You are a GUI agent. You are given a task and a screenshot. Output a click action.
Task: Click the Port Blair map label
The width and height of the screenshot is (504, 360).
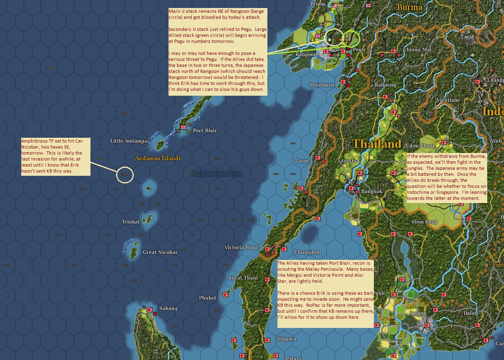coord(205,131)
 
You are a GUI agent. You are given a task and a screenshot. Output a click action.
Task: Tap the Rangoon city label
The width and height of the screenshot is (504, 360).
coord(306,54)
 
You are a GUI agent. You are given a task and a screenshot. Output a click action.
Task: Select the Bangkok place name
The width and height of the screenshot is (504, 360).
coord(371,191)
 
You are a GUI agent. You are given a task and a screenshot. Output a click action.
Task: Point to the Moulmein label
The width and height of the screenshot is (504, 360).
coord(321,85)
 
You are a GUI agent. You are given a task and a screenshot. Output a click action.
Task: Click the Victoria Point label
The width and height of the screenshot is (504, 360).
coord(241,247)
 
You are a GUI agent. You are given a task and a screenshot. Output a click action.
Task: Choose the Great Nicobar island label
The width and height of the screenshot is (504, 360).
coord(160,252)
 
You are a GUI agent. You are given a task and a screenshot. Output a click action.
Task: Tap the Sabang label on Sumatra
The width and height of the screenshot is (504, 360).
coord(168,308)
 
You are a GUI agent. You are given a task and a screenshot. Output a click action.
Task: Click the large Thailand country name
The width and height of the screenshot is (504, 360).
coord(376,144)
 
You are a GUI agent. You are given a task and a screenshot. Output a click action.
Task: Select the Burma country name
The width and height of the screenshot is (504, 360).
coord(409,7)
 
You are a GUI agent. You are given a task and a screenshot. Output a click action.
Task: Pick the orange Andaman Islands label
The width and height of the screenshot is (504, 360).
coord(158,158)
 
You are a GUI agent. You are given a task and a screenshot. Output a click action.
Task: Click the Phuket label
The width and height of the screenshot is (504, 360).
coord(207,298)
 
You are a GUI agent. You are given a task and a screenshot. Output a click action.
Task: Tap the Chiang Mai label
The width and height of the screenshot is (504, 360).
coord(417,50)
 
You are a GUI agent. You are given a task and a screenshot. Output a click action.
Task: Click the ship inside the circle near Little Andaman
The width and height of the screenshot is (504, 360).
coord(124,175)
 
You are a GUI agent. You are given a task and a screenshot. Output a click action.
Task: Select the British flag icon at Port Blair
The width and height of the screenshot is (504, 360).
coord(183,127)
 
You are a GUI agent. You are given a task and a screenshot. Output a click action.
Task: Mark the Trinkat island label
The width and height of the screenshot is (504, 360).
coord(131,222)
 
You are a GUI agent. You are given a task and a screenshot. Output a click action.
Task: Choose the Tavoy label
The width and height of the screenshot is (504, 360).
coord(302,161)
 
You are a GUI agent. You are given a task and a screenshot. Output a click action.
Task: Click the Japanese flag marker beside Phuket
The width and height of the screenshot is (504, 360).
coord(225,295)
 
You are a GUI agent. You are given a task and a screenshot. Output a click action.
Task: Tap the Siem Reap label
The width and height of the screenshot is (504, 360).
coord(424,222)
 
